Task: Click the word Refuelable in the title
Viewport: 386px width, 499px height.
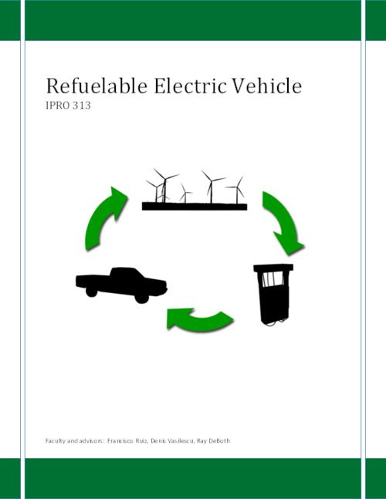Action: [96, 86]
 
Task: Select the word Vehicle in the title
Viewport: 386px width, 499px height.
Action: [266, 86]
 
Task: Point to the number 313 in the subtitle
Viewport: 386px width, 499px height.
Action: [82, 106]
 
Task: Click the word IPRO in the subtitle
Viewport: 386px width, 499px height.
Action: [58, 106]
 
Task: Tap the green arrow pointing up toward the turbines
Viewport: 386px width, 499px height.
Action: [103, 220]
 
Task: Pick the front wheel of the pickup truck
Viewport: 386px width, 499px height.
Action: [141, 298]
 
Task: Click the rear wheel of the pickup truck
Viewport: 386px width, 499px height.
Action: [91, 292]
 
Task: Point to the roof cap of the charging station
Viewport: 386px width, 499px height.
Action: [273, 268]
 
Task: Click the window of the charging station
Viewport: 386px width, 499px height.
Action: [273, 279]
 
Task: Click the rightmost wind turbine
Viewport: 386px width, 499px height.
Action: [237, 190]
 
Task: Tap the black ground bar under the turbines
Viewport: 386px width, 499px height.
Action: [195, 207]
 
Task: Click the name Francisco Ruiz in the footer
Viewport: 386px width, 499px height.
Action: [127, 440]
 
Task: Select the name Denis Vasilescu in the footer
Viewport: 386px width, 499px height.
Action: [172, 440]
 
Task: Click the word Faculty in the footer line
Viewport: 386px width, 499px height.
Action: [53, 441]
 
